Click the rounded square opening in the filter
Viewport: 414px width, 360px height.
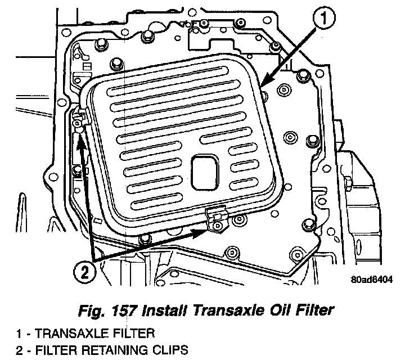click(205, 172)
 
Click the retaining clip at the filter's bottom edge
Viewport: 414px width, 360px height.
click(217, 219)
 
